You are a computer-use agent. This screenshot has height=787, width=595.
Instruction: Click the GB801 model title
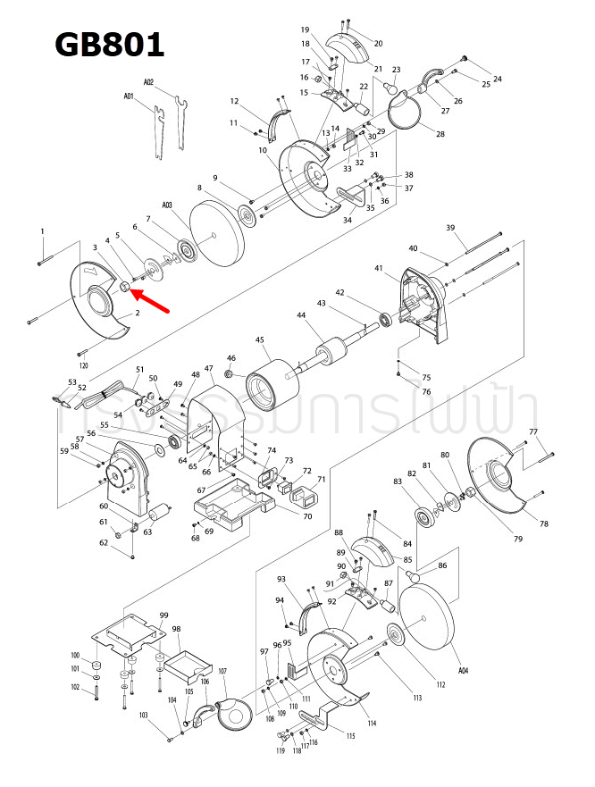109,44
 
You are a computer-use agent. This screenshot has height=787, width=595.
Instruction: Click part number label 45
260,339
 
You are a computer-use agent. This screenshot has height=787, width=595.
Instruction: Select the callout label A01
129,96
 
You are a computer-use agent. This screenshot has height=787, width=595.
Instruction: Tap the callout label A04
463,669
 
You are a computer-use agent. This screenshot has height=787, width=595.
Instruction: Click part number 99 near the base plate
163,615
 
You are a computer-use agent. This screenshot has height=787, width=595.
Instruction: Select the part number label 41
379,268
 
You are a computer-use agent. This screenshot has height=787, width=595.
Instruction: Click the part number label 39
451,228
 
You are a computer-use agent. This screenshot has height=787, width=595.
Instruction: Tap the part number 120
84,366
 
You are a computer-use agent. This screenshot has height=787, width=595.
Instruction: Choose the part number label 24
498,79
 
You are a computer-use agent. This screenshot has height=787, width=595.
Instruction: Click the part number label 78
543,523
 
